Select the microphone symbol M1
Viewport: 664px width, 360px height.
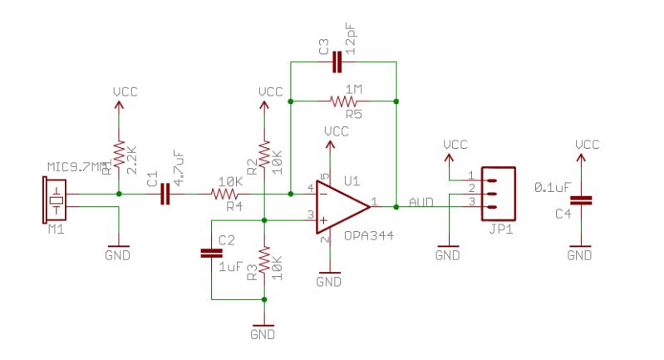[54, 200]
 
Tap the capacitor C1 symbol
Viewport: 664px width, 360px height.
[164, 195]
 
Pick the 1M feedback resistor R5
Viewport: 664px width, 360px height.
[343, 101]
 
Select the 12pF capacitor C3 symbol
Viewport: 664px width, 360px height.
[336, 62]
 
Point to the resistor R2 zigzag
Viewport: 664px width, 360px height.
[263, 154]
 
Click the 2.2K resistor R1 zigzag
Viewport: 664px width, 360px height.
[120, 155]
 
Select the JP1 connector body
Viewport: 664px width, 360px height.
[496, 190]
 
